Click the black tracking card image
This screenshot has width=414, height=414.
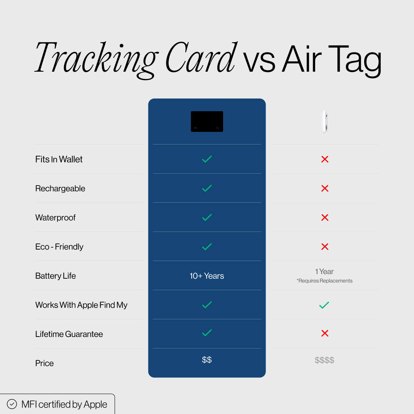coord(207,122)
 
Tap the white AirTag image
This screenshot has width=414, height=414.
coord(324,122)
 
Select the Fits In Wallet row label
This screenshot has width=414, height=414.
coord(59,159)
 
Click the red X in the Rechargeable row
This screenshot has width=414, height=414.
coord(325,188)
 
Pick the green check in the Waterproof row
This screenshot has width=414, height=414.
coord(207,217)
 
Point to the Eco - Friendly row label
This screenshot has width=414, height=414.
coord(59,247)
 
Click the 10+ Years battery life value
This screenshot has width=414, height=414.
coord(207,276)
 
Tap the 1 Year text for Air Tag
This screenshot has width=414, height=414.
coord(324,271)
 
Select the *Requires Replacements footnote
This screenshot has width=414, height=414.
coord(324,281)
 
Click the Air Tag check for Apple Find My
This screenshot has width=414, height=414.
coord(324,305)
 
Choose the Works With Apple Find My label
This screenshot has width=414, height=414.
coord(81,305)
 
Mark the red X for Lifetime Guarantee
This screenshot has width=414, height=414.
coord(325,333)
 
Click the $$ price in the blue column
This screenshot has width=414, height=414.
coord(207,360)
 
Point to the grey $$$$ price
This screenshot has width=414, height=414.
coord(324,360)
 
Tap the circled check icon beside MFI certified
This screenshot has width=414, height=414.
coord(12,404)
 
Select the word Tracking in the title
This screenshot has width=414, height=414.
coord(96,58)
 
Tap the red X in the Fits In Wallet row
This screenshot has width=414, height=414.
coord(325,159)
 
